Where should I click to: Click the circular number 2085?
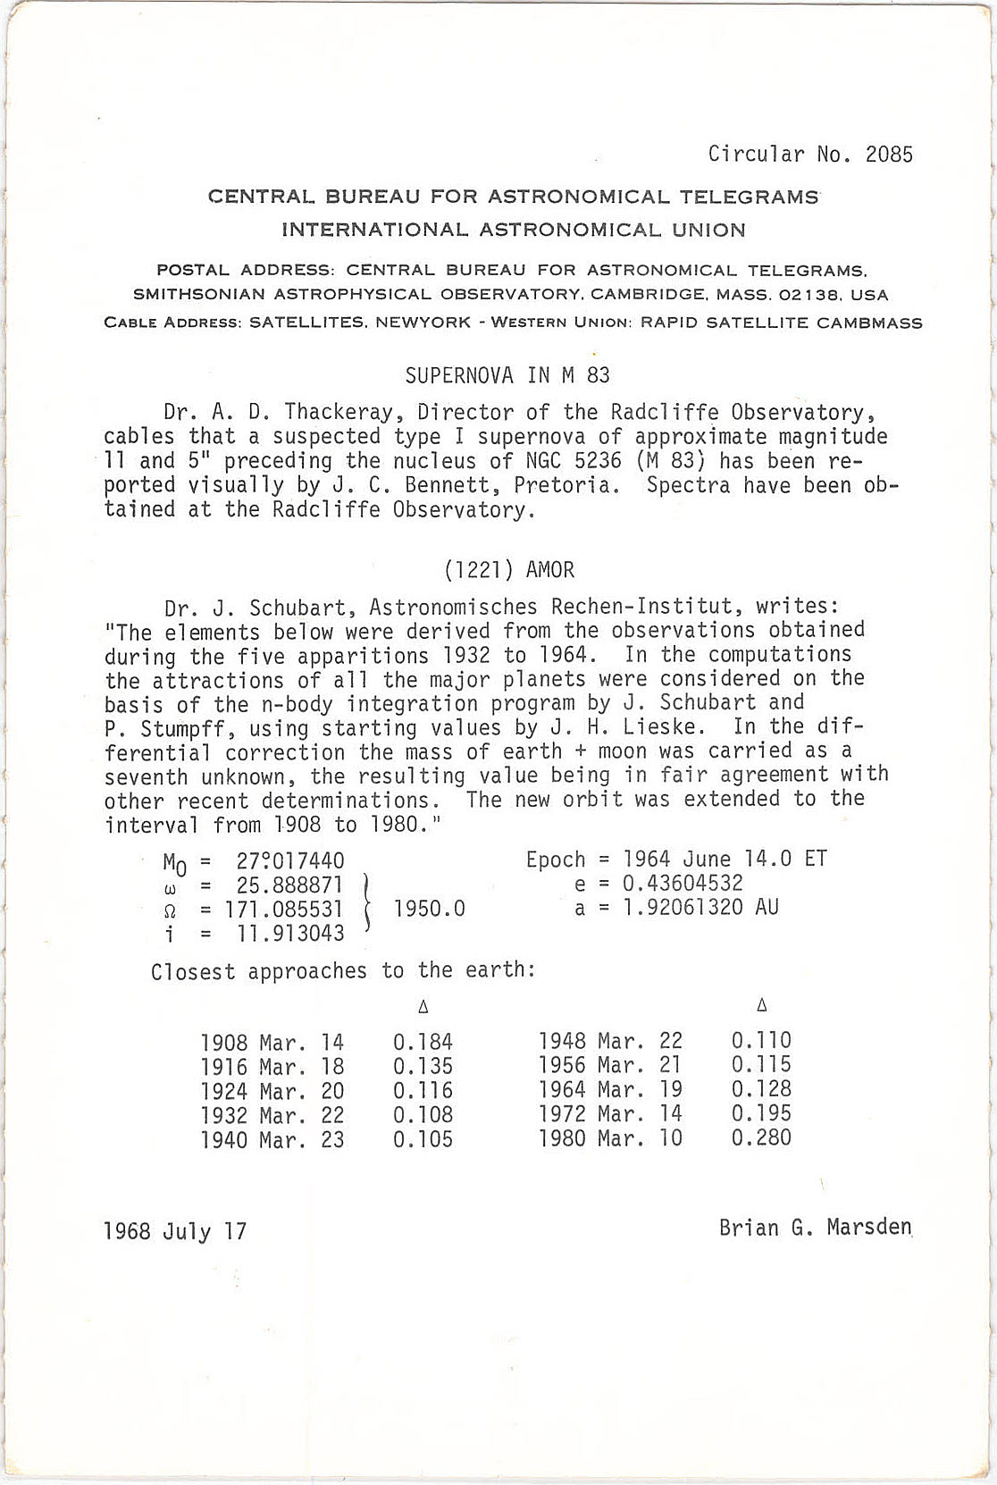click(x=889, y=155)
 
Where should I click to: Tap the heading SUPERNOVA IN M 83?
click(x=507, y=375)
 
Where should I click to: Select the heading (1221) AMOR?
click(x=508, y=570)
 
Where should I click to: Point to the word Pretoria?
click(x=571, y=486)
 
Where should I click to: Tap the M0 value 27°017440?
click(x=290, y=861)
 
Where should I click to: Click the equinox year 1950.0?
click(x=430, y=909)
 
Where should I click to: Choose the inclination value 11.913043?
click(x=290, y=934)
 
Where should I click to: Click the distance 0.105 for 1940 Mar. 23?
click(x=423, y=1140)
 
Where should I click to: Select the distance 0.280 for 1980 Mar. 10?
click(x=761, y=1138)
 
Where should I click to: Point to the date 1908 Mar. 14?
click(x=272, y=1043)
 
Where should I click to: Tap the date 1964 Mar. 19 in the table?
click(x=610, y=1090)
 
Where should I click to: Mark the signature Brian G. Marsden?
click(x=815, y=1228)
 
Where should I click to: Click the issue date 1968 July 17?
click(x=175, y=1232)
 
